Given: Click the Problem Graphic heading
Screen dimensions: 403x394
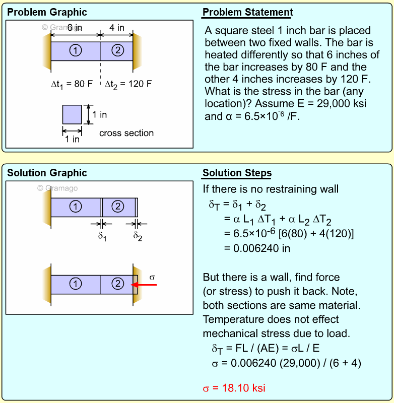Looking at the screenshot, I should coord(47,12).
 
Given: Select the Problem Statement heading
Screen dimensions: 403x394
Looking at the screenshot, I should coord(247,12).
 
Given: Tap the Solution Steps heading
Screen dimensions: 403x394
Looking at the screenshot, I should coord(237,173).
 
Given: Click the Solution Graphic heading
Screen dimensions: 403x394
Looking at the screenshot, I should coord(47,173).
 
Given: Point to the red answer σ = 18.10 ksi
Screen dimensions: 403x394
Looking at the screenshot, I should coord(234,388).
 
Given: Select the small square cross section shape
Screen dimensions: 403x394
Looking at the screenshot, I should coord(72,114).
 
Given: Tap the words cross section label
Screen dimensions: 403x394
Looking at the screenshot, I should coord(126,133).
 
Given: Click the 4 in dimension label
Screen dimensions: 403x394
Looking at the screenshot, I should coord(117,28).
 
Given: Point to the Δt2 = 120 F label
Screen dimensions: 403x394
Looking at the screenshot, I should coord(128,84).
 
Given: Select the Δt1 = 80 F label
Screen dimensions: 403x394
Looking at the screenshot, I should coord(72,84).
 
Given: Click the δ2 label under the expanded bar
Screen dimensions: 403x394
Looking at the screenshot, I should coord(138,235).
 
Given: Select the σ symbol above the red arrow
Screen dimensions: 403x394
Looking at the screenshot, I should coord(153,277).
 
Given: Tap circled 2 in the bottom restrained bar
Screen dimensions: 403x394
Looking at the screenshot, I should coord(117,284).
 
